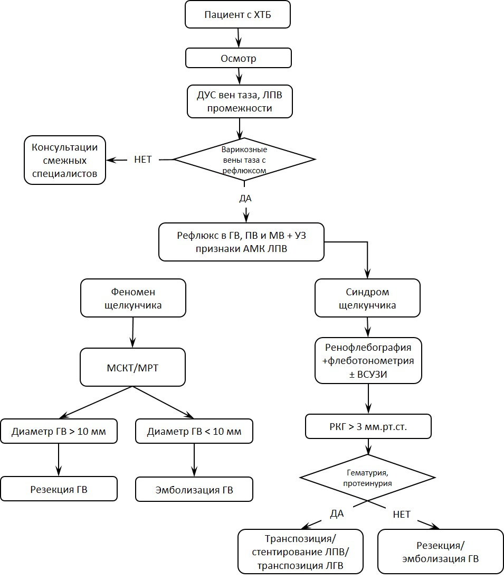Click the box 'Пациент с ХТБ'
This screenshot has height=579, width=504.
tap(237, 14)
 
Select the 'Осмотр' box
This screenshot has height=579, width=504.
tap(239, 58)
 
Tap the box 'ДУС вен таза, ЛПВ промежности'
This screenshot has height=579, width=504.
tap(240, 101)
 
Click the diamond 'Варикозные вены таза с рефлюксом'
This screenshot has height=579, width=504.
tap(244, 160)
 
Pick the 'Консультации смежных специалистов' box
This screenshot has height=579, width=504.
tap(65, 160)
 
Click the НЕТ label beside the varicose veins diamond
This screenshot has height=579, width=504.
tap(143, 160)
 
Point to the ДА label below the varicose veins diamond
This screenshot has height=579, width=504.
tap(245, 198)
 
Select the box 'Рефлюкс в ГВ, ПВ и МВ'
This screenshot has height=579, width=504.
tap(241, 242)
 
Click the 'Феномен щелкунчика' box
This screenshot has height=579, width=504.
tap(133, 298)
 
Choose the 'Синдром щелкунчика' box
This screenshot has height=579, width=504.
tap(367, 298)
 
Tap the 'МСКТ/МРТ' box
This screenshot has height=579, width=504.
tap(133, 367)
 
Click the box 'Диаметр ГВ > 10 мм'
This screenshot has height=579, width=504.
tap(59, 431)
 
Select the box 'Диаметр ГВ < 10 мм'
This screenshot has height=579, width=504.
tap(194, 431)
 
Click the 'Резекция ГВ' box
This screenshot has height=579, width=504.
tap(59, 489)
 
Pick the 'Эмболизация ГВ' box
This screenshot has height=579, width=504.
tap(194, 489)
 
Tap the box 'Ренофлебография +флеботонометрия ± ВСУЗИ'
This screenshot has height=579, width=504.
tap(368, 360)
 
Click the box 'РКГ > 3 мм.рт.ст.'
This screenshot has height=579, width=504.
tap(368, 426)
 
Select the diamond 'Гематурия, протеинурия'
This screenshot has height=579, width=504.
tap(367, 478)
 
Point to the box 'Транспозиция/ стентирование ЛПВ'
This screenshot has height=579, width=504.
tap(300, 552)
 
